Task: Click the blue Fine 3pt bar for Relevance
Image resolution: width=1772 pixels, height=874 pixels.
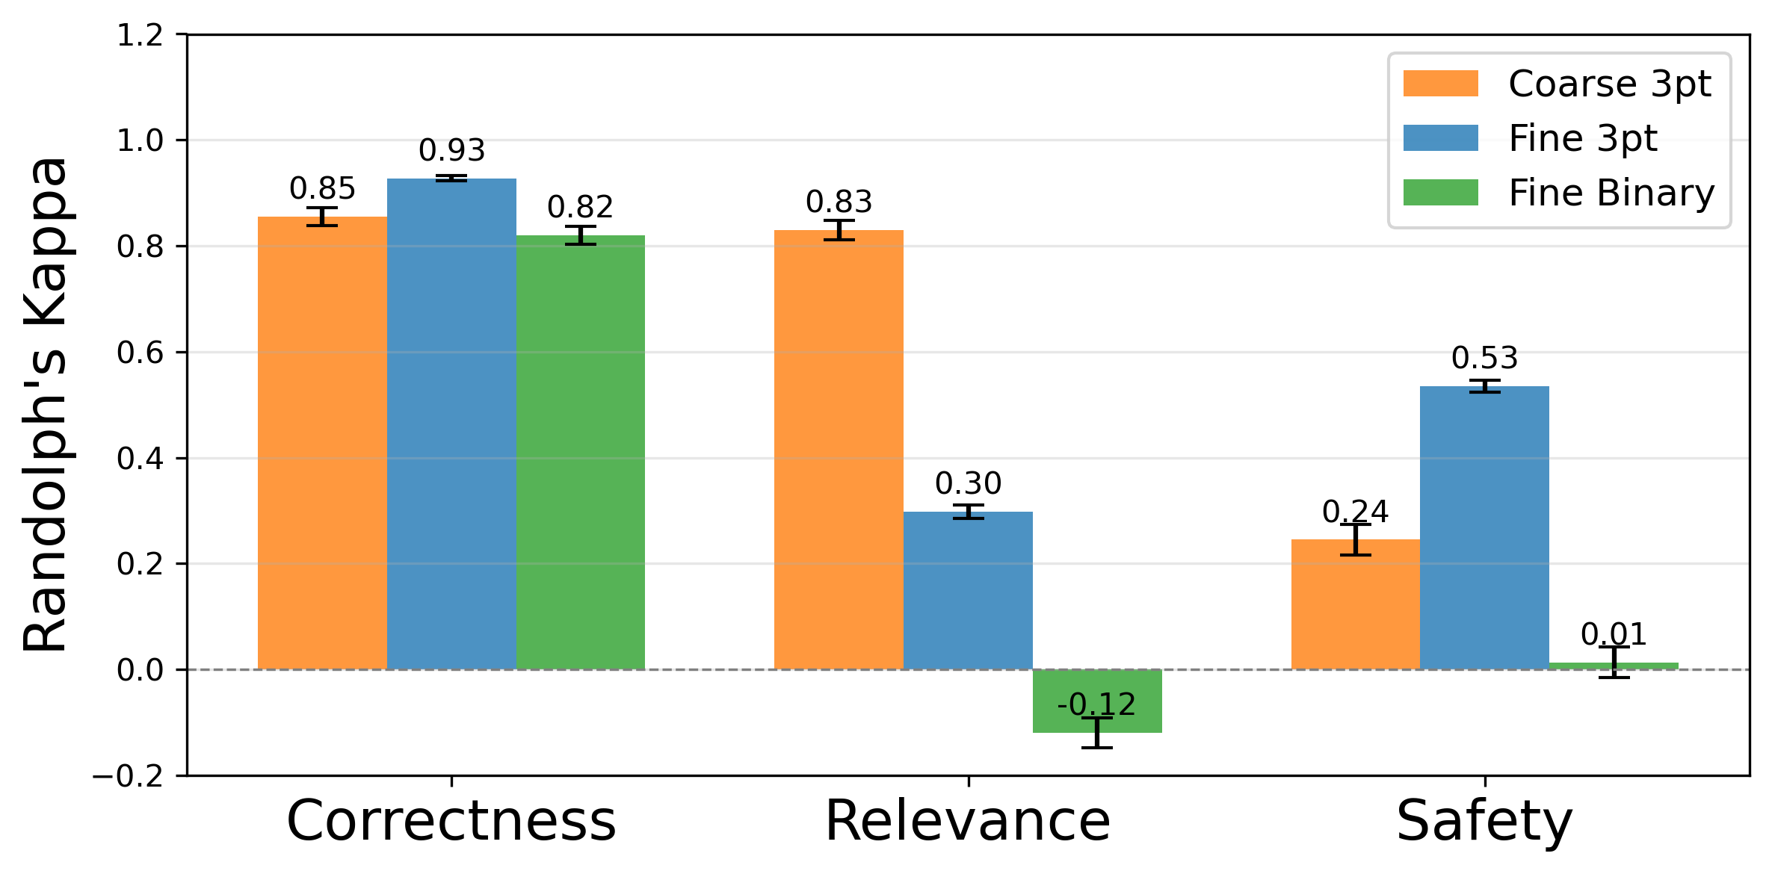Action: (968, 590)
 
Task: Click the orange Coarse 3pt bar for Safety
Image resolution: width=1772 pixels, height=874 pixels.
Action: (1355, 604)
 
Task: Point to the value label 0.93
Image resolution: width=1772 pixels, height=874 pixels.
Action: (451, 150)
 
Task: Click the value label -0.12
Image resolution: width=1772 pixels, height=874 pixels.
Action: (1096, 704)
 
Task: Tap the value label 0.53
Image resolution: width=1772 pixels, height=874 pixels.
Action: (1484, 358)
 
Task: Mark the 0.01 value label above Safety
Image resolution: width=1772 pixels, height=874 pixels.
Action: (1614, 635)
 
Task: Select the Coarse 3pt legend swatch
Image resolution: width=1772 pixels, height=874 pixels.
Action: (1440, 84)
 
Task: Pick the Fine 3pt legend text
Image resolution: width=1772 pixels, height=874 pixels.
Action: (1583, 138)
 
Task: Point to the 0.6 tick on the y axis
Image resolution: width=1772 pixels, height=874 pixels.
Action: (140, 353)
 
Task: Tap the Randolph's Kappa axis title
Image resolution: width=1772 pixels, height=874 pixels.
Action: (45, 403)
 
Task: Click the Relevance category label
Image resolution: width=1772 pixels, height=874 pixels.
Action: (968, 821)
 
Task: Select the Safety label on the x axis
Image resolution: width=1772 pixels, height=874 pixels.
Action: (1484, 821)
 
